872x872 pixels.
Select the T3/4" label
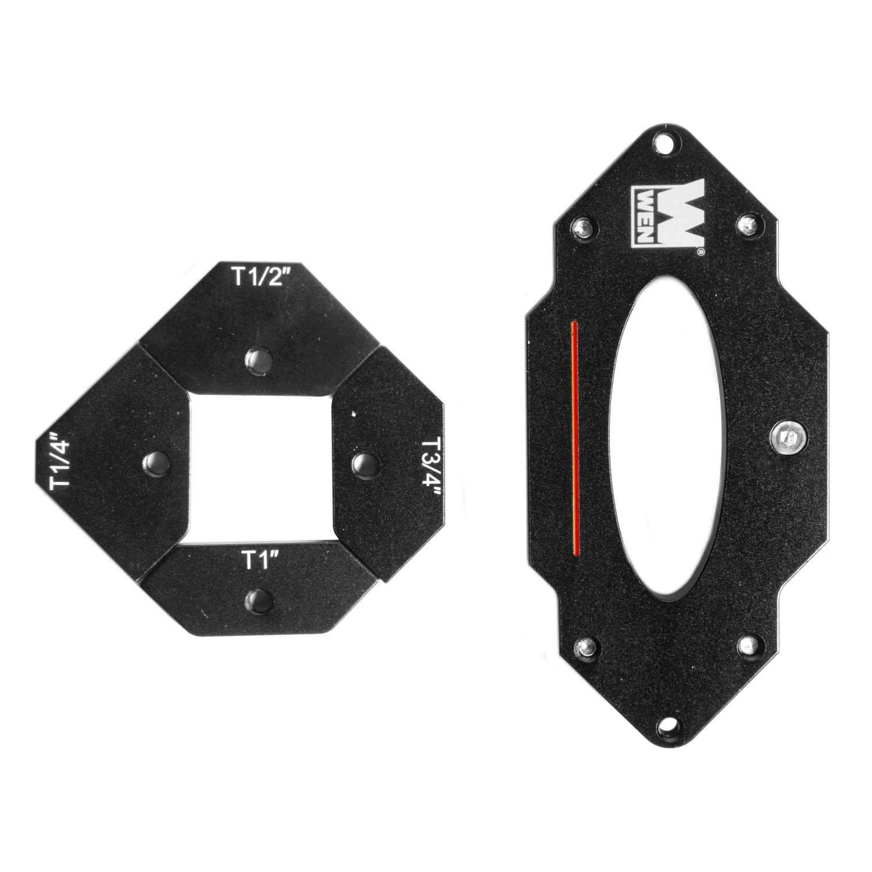point(431,465)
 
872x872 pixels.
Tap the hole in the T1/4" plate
point(156,463)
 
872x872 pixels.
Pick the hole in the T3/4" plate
point(365,463)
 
